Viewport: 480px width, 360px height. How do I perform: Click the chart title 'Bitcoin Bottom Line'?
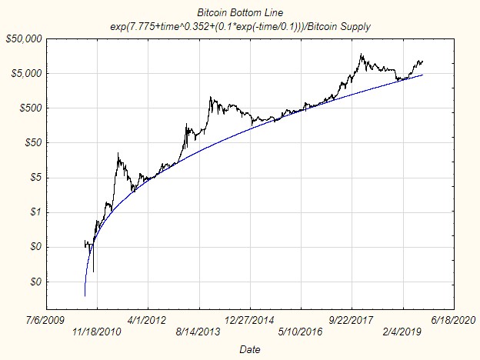[240, 13]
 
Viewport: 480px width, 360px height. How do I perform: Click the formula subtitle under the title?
[240, 25]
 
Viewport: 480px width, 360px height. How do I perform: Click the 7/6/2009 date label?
[45, 318]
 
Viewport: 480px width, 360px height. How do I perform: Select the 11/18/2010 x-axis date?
[96, 332]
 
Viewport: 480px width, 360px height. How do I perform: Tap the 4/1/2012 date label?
[147, 318]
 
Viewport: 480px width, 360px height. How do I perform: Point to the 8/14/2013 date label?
[198, 332]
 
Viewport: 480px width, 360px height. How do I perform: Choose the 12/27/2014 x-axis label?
[250, 318]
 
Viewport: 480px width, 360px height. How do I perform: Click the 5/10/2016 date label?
[301, 332]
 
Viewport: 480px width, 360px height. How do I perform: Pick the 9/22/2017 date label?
[352, 318]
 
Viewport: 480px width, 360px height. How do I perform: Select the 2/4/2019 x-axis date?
[403, 332]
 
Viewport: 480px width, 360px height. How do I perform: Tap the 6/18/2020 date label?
[454, 318]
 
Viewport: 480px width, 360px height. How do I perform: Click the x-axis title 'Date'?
[249, 348]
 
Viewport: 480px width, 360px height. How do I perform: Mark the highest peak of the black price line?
[360, 55]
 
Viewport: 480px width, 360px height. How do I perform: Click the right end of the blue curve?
[422, 75]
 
